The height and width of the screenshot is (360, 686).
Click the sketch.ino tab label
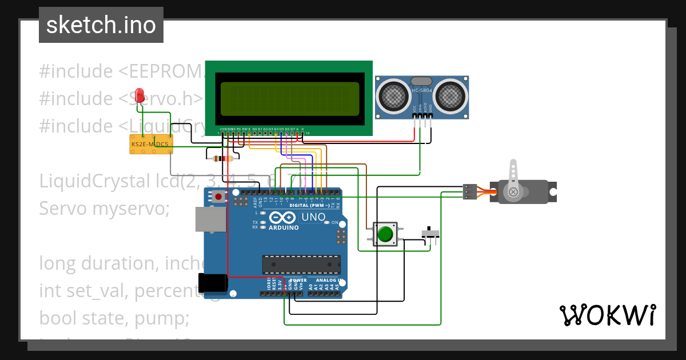point(101,25)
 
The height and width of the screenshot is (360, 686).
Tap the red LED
point(139,95)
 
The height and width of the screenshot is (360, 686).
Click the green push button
point(385,234)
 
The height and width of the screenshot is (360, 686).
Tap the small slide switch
point(431,234)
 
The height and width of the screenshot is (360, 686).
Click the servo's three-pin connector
point(470,191)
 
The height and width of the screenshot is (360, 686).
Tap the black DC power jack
point(213,283)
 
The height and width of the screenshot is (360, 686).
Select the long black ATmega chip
point(301,264)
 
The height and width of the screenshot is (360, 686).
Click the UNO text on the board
point(313,217)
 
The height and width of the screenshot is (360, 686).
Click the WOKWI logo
point(607,315)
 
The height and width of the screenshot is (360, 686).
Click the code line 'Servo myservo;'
point(105,208)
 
